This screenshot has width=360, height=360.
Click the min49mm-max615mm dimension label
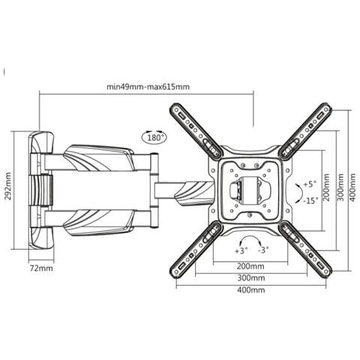tap(148, 87)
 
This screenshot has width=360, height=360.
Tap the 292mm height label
tap(8, 186)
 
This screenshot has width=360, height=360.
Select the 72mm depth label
tap(41, 268)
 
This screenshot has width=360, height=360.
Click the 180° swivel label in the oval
tap(155, 137)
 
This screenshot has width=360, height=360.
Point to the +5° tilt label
tap(310, 184)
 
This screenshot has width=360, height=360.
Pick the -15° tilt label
tap(311, 200)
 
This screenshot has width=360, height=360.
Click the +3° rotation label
tap(241, 250)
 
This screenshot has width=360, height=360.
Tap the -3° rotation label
tap(263, 250)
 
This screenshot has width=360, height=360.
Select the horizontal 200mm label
tap(250, 266)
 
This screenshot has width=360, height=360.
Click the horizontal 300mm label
tap(251, 277)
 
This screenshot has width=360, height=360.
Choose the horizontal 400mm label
tap(250, 290)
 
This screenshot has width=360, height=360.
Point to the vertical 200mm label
tap(326, 187)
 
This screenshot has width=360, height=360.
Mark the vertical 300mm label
tap(340, 187)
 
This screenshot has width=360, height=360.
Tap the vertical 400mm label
tap(352, 187)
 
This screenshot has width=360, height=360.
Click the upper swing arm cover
tap(99, 158)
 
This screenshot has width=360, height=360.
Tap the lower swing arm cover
tap(99, 223)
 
